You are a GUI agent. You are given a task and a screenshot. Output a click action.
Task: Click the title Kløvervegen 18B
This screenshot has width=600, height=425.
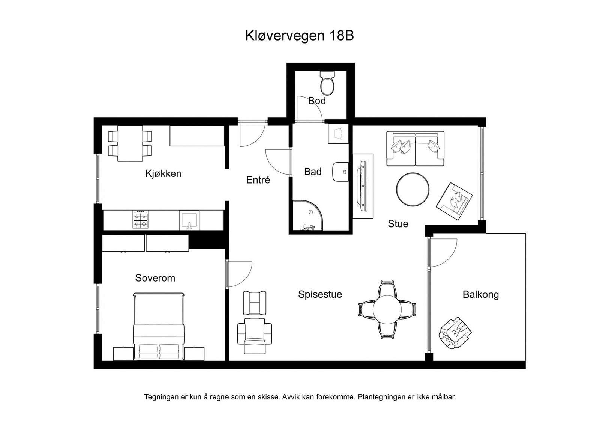tap(300, 36)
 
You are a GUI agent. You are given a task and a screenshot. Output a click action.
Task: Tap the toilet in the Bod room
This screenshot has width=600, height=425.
tap(327, 83)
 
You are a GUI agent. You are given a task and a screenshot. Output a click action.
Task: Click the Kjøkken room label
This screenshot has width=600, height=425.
tap(163, 173)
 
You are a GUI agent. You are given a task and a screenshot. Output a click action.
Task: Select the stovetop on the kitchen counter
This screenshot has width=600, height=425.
tap(140, 220)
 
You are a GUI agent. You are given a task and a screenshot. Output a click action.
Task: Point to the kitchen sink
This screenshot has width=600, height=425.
tap(189, 220)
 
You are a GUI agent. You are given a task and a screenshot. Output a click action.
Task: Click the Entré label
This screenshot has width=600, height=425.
tap(258, 180)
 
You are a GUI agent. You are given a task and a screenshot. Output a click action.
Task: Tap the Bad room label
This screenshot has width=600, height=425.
tap(313, 172)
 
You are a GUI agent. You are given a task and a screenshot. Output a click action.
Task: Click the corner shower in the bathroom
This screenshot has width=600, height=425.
tap(307, 215)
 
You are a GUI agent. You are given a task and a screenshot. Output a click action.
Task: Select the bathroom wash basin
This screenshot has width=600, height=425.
tap(340, 172)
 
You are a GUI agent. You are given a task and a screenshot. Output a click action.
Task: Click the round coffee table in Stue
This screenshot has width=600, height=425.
tap(412, 189)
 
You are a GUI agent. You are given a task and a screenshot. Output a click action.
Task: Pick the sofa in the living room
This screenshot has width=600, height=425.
tap(415, 149)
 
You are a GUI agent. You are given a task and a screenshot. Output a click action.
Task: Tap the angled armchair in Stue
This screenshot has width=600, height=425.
tap(454, 201)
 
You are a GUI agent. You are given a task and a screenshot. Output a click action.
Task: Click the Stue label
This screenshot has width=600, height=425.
tap(398, 224)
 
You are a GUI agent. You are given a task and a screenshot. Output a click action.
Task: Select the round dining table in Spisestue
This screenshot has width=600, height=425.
tap(387, 309)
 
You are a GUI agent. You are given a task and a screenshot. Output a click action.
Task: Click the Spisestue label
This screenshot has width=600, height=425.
tap(320, 294)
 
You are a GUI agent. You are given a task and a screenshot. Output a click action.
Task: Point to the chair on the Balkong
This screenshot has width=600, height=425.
tap(455, 333)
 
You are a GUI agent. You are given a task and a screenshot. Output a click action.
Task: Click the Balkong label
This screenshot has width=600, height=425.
tap(481, 295)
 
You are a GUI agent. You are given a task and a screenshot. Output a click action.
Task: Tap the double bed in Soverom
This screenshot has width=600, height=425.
tap(159, 326)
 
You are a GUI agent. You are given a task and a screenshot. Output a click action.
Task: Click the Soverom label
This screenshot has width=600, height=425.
tap(155, 278)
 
